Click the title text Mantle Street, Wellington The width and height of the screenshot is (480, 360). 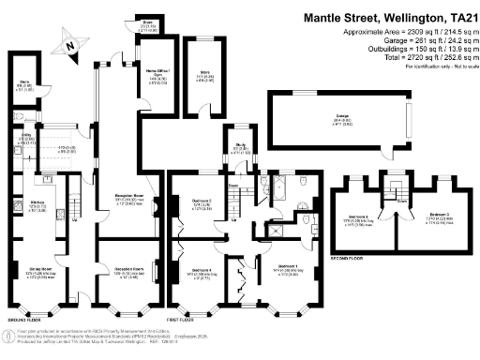(373, 17)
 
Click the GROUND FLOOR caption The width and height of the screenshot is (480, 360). (25, 318)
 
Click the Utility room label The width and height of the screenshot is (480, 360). (28, 137)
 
